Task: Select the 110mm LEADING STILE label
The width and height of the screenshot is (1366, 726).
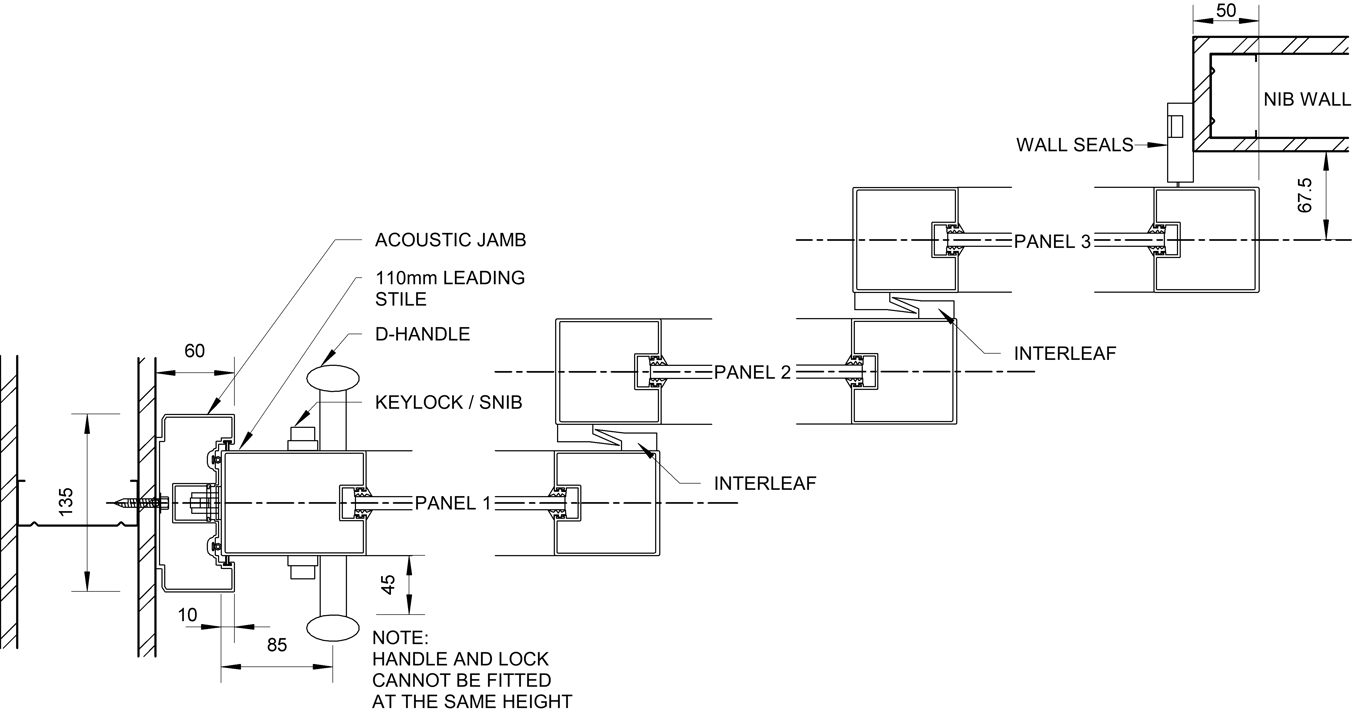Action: tap(449, 288)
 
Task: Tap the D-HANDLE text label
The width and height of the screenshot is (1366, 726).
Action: tap(422, 335)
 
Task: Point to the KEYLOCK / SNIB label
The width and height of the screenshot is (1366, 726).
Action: tap(449, 403)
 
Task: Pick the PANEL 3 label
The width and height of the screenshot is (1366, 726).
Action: tap(1053, 241)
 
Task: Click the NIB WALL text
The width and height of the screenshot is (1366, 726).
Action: tap(1307, 100)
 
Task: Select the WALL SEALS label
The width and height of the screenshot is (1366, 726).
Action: tap(1075, 145)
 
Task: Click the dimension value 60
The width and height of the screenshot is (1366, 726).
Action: tap(194, 351)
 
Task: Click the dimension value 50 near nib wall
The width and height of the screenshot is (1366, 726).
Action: tap(1224, 11)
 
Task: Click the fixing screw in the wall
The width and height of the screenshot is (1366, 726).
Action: tap(137, 504)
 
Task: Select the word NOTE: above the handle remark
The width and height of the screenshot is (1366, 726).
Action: tap(400, 638)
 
